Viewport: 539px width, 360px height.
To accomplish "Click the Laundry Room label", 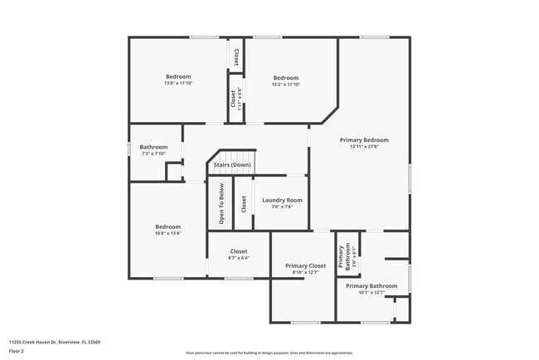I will tap(282, 200).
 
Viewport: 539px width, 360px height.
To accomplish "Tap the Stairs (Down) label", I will tap(232, 165).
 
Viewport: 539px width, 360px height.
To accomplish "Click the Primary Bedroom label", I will tap(364, 140).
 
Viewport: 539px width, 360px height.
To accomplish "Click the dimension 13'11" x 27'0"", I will tap(364, 147).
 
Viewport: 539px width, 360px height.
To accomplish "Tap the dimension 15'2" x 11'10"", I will tap(286, 84).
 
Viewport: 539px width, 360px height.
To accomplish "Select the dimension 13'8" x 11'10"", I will tap(178, 84).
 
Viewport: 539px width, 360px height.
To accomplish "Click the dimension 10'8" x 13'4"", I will tap(168, 233).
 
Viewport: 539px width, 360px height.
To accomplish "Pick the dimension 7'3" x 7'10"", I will tap(153, 153).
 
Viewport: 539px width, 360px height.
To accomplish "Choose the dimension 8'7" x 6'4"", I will tap(239, 258).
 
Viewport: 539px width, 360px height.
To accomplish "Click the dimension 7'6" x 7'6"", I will tap(282, 207).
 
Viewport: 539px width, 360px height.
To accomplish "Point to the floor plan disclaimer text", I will tap(269, 353).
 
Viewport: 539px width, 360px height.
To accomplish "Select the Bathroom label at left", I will tap(153, 147).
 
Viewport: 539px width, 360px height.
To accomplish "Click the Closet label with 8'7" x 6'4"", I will tap(239, 251).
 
